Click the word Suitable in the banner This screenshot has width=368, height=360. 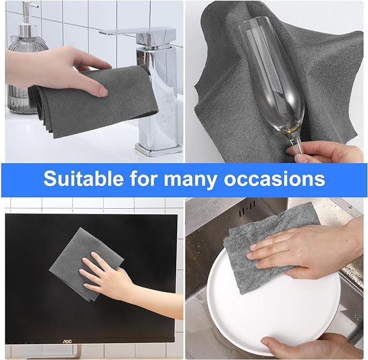[83, 179]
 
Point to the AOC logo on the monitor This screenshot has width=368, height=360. [67, 341]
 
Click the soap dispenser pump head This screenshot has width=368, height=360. [30, 5]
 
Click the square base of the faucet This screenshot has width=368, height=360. [158, 150]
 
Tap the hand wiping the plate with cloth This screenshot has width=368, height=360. [303, 249]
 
